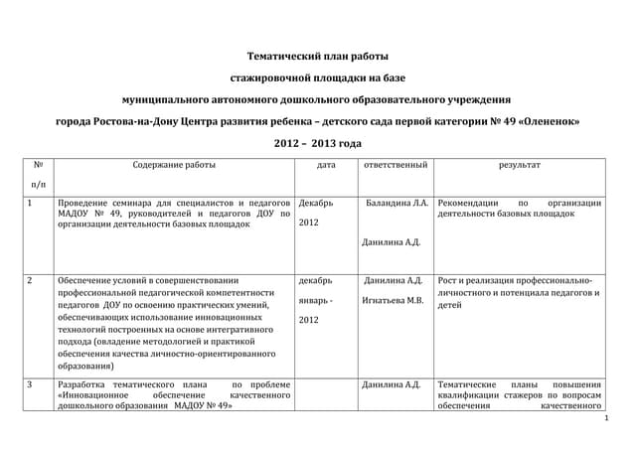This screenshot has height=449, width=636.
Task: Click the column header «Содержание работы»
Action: (x=174, y=164)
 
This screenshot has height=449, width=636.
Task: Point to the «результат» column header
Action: (x=520, y=164)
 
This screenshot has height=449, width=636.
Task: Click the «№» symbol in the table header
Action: (x=38, y=164)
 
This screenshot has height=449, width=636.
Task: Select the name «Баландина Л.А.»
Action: (x=397, y=203)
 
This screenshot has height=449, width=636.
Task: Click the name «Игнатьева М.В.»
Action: (x=394, y=299)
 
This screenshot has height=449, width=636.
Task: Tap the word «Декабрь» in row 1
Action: (x=316, y=203)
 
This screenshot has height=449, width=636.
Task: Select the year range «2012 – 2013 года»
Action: (x=318, y=144)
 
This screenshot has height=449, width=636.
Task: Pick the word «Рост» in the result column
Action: (x=448, y=280)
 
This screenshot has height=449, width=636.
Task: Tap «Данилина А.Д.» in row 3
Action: (x=394, y=384)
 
